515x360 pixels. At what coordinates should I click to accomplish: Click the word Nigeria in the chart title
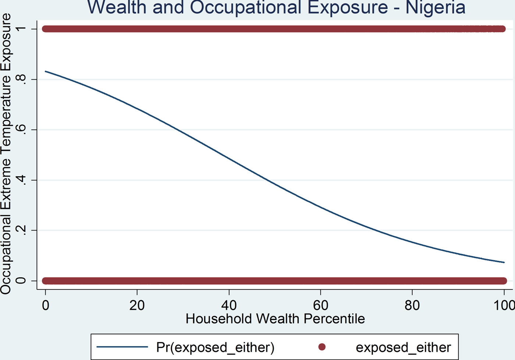click(x=436, y=7)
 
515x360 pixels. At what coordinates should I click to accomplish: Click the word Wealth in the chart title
click(x=117, y=7)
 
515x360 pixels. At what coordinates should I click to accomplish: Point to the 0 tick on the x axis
click(x=45, y=305)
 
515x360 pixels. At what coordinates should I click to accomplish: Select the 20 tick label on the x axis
click(x=137, y=305)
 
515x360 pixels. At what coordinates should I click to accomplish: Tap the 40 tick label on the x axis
click(x=229, y=305)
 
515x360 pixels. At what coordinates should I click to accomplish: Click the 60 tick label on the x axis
click(x=320, y=305)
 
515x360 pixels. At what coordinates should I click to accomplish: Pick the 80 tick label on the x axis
click(x=412, y=305)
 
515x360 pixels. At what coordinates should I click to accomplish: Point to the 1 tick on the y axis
click(x=21, y=29)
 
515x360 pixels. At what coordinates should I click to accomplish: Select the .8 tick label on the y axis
click(x=21, y=79)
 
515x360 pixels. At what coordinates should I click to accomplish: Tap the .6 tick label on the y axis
click(x=21, y=130)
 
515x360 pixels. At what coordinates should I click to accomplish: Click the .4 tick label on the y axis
click(x=21, y=180)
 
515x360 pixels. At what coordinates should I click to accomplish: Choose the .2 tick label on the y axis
click(x=21, y=231)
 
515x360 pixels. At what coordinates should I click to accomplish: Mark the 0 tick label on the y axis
click(x=21, y=281)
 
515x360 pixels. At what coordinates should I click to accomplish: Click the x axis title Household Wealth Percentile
click(x=275, y=318)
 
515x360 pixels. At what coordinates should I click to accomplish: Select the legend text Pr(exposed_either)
click(x=215, y=347)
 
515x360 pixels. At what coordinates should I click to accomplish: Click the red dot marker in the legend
click(x=322, y=347)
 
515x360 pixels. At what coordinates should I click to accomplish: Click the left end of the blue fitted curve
click(x=46, y=71)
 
